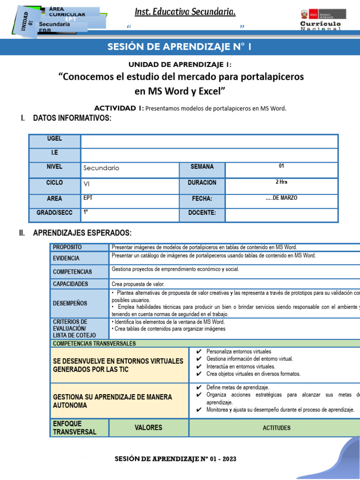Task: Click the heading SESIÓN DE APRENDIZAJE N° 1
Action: pos(180,47)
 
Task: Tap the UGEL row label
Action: pos(54,139)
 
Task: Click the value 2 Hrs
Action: pos(281,182)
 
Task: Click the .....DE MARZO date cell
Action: pos(281,198)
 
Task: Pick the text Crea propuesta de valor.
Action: pos(138,284)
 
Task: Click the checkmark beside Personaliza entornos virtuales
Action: pos(199,352)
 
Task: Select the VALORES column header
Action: pos(149,427)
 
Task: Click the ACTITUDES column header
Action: pos(277,428)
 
